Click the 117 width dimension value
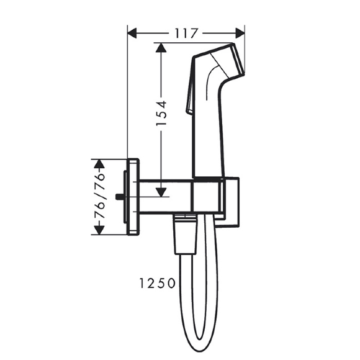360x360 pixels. pos(186,34)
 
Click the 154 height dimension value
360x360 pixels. pos(161,113)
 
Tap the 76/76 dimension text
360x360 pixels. pos(99,196)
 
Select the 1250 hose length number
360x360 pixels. pos(157,283)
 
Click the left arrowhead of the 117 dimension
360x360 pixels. pos(132,34)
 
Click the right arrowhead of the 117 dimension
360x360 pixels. pos(240,34)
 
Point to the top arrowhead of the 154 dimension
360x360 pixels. pos(161,48)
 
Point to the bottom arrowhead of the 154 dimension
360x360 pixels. pos(161,192)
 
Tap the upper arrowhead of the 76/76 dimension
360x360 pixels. pos(99,164)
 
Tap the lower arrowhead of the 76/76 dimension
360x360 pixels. pos(99,230)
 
